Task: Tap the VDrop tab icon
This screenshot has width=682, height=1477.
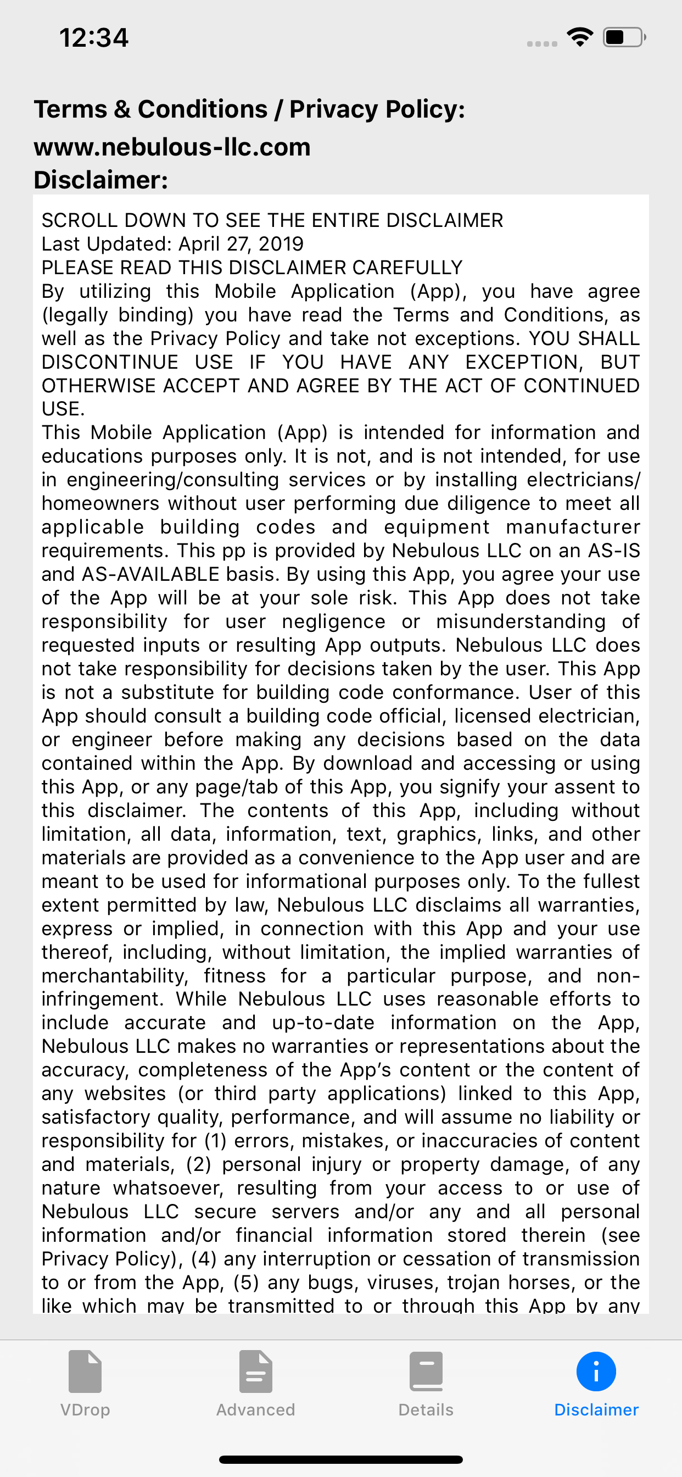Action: (x=85, y=1371)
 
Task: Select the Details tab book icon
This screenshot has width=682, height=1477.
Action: (x=426, y=1371)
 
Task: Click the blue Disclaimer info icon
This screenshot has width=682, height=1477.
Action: (x=596, y=1371)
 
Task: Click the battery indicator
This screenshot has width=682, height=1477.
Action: (x=624, y=37)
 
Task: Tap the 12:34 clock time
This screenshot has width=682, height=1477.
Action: (x=94, y=38)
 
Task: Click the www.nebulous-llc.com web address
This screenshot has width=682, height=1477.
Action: (x=172, y=147)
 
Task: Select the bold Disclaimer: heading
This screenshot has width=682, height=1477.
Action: (x=101, y=180)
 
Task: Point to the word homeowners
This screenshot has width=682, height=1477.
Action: (x=100, y=503)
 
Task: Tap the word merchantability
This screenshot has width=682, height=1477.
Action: (x=115, y=976)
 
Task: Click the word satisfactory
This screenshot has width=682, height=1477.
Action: (x=94, y=1118)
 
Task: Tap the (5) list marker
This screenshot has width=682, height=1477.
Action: (x=246, y=1282)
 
